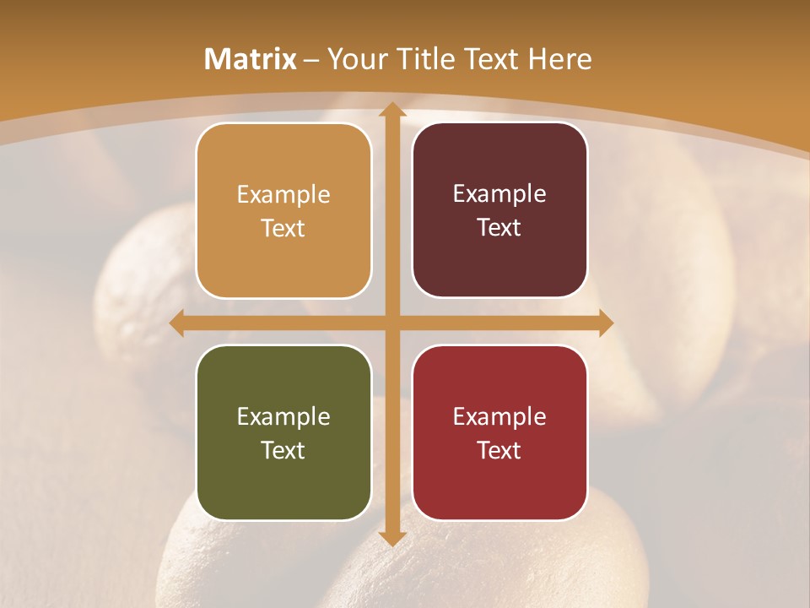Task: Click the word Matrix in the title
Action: pos(251,59)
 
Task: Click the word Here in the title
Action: pos(559,59)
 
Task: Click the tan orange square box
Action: pos(283,210)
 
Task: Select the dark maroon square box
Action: pos(499,210)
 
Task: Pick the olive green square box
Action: pos(283,432)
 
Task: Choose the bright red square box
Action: pos(499,432)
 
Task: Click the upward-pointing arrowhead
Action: pos(391,110)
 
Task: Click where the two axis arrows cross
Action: pos(391,323)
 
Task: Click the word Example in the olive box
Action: pos(283,417)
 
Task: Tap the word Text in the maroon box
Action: pos(499,228)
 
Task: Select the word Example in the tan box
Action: pos(283,195)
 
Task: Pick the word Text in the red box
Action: pos(499,450)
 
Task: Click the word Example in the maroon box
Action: pos(499,194)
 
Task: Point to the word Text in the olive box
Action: pos(283,450)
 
